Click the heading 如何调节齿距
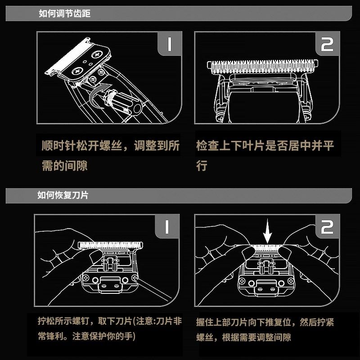(65, 13)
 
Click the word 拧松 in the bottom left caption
(48, 322)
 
